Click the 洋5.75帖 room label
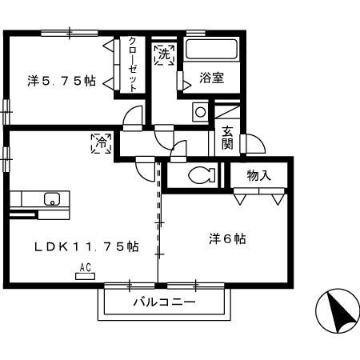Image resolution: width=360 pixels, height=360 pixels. (x=62, y=81)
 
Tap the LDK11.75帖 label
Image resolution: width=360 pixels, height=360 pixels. (x=86, y=246)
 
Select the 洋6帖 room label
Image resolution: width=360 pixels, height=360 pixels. (x=227, y=238)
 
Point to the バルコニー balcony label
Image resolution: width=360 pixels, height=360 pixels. (x=164, y=302)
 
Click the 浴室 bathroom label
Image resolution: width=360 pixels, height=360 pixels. (x=211, y=78)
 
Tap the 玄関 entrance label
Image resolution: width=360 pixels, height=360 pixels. (x=227, y=138)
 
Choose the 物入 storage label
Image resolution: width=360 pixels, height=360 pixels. (x=258, y=176)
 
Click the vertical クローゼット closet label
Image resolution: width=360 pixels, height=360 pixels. (x=133, y=64)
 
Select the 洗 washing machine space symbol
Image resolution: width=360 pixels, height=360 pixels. (x=165, y=54)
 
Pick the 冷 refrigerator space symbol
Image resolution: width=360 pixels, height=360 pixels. (x=102, y=143)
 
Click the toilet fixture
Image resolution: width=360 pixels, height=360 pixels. (x=202, y=175)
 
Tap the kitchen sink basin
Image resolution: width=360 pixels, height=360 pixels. (x=52, y=199)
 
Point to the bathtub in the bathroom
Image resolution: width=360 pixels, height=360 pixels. (x=211, y=50)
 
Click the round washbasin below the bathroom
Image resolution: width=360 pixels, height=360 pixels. (x=201, y=112)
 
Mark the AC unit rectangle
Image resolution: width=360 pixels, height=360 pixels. (x=85, y=276)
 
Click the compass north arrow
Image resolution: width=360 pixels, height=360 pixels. (x=338, y=311)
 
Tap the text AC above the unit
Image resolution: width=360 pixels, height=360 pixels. (x=86, y=267)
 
